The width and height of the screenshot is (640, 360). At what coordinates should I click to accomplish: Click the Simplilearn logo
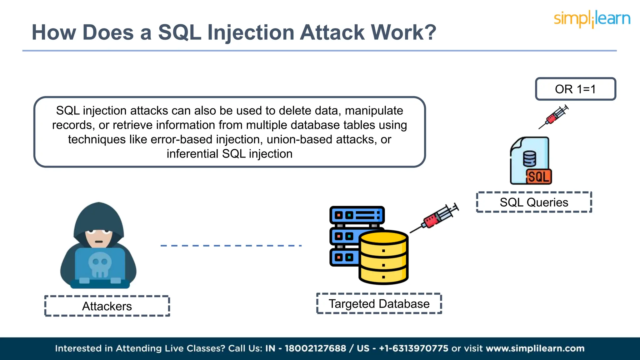(592, 19)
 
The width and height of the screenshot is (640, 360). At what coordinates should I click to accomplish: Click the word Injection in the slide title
(251, 32)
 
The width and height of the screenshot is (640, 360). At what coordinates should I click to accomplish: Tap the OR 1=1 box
(575, 89)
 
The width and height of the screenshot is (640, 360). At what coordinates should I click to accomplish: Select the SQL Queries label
(534, 202)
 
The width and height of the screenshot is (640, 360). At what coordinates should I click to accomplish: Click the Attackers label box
(107, 306)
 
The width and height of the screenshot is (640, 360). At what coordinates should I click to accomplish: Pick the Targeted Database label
(379, 304)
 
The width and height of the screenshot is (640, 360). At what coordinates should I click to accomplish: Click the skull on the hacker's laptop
(100, 264)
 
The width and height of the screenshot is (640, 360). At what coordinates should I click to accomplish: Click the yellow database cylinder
(383, 257)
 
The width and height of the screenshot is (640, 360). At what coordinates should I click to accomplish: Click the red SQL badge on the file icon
(538, 177)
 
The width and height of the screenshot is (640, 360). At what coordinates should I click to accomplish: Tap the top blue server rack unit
(357, 215)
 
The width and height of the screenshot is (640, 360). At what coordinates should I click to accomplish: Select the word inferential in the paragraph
(192, 154)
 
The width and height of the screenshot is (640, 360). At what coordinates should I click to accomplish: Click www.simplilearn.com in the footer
(535, 348)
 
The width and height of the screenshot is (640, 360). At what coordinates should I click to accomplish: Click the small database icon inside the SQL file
(529, 159)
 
